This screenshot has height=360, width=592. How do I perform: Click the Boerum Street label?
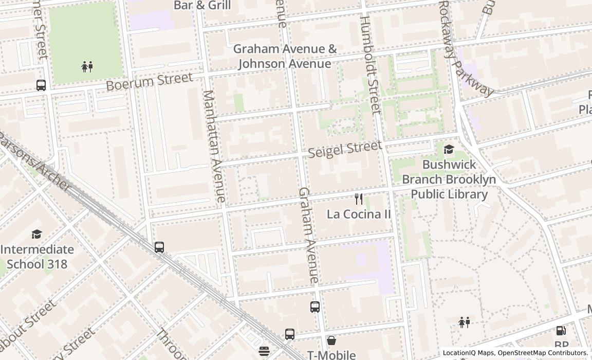[149, 81]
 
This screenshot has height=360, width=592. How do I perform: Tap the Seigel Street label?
[345, 149]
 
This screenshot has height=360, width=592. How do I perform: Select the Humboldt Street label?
[369, 64]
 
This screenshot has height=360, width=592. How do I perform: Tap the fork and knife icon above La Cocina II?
[359, 199]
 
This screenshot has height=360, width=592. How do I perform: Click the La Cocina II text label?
[359, 214]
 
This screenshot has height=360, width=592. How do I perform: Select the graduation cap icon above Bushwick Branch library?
[449, 150]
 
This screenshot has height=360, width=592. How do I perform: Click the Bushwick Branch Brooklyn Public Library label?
[449, 179]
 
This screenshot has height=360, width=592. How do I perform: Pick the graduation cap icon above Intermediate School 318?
[36, 235]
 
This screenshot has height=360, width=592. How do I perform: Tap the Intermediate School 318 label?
[36, 257]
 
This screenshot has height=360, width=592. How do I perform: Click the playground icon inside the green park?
[87, 66]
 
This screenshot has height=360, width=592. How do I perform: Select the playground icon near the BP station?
[464, 322]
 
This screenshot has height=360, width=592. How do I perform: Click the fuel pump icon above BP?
[561, 331]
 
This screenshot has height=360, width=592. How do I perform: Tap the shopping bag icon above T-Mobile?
[331, 340]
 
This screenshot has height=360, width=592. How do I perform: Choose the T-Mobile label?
[331, 354]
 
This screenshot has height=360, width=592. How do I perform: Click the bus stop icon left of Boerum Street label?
[41, 85]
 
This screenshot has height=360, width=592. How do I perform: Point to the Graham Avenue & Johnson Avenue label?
[285, 56]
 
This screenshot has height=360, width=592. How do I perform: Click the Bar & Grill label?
[202, 6]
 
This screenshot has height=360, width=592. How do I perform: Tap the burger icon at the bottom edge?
[264, 351]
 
